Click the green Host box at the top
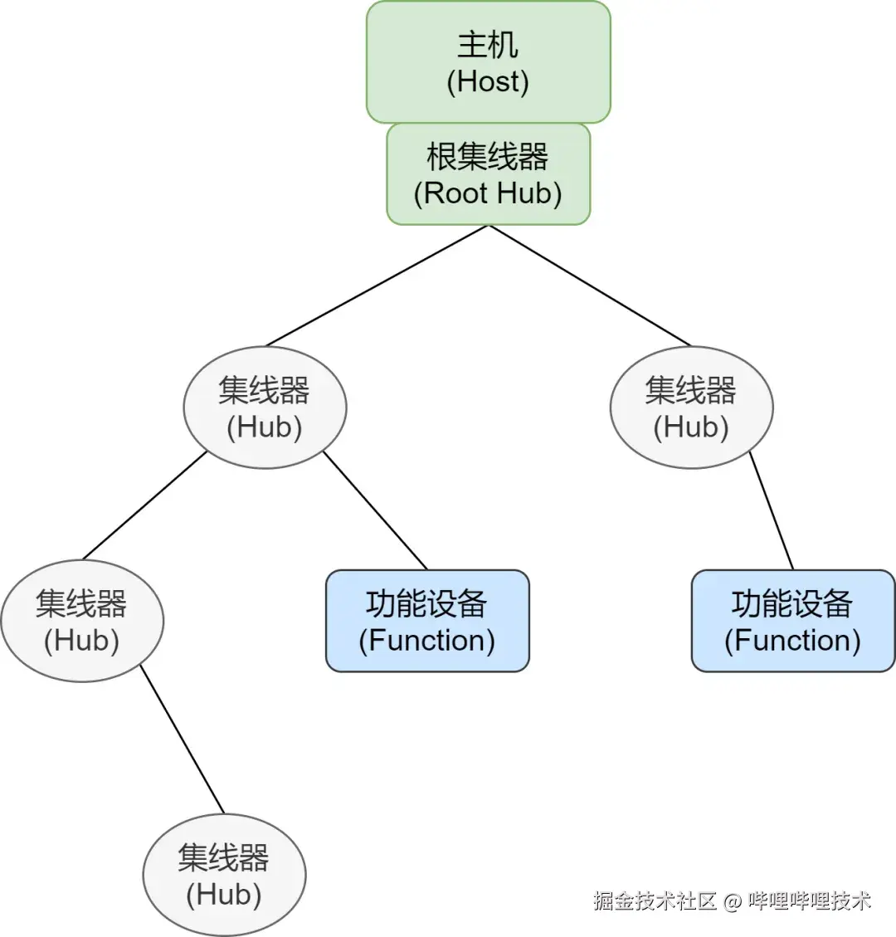tap(488, 62)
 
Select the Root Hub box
tap(488, 174)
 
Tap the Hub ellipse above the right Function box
tap(691, 407)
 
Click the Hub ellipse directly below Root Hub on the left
tap(265, 407)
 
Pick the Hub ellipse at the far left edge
tap(82, 621)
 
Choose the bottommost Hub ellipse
tap(224, 875)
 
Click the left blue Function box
tap(427, 621)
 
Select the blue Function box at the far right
tap(793, 621)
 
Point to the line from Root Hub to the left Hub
tap(377, 285)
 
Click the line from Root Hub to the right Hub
tap(590, 285)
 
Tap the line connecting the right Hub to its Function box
tap(772, 511)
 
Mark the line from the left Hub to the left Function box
tap(375, 510)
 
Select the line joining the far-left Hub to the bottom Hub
tap(182, 739)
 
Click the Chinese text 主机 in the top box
tap(488, 45)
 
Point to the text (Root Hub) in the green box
tap(488, 193)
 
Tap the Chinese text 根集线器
tap(488, 156)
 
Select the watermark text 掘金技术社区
tap(655, 901)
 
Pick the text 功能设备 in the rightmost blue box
tap(792, 603)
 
